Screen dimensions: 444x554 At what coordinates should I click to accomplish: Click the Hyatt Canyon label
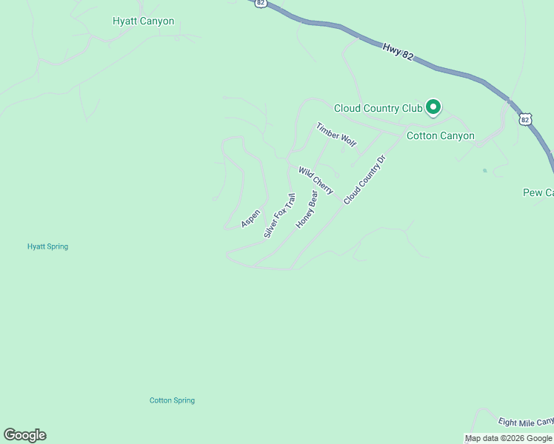point(143,21)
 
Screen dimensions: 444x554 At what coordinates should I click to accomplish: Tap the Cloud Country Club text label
point(378,108)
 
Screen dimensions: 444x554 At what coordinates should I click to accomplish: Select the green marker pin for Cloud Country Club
point(433,108)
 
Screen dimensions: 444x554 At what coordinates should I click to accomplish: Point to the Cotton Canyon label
point(441,136)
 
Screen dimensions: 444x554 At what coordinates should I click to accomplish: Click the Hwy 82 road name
point(398,56)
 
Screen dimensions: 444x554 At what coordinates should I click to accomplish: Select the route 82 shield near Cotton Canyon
point(525,118)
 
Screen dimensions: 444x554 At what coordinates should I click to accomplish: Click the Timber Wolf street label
point(336,135)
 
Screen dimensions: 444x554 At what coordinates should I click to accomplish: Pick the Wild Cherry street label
point(316,181)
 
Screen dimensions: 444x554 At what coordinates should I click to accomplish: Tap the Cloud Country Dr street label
point(365,180)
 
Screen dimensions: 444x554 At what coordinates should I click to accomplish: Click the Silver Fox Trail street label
point(279,215)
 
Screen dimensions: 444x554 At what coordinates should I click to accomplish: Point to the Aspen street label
point(250,218)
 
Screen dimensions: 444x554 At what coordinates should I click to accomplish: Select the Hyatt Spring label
point(47,246)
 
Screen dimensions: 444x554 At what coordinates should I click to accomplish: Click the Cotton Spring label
point(172,400)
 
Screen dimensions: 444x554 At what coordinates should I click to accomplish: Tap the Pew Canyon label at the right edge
point(538,192)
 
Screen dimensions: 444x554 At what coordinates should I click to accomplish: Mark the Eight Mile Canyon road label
point(526,421)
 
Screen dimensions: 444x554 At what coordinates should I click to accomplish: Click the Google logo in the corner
point(24,435)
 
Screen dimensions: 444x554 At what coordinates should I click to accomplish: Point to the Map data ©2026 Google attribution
point(508,439)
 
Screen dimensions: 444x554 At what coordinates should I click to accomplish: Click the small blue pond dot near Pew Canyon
point(484,171)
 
